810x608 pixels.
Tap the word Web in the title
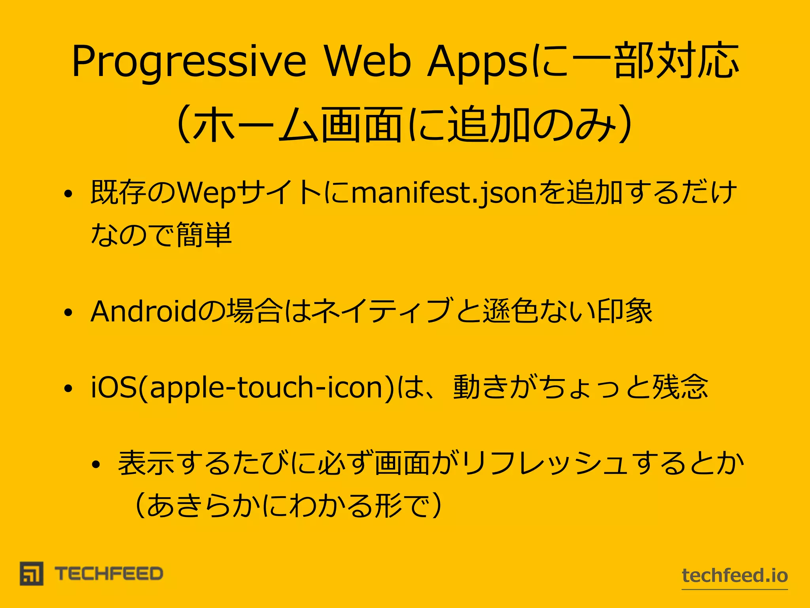(x=368, y=61)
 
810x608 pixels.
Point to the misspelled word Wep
(x=206, y=193)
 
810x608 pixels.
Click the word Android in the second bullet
(x=143, y=312)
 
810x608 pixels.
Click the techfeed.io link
(x=735, y=576)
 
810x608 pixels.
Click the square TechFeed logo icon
(x=32, y=574)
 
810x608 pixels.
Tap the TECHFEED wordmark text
(x=109, y=574)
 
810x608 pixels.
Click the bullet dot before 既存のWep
(x=68, y=194)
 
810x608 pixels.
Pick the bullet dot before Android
(x=68, y=312)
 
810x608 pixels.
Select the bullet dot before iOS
(x=68, y=388)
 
